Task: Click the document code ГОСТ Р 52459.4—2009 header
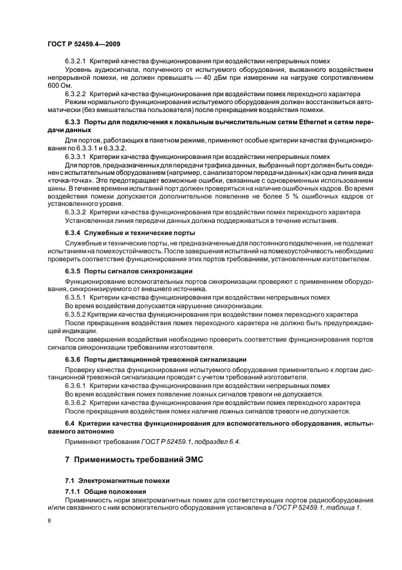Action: [x=86, y=44]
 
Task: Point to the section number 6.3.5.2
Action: [x=75, y=314]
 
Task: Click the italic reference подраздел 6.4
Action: [x=213, y=442]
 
